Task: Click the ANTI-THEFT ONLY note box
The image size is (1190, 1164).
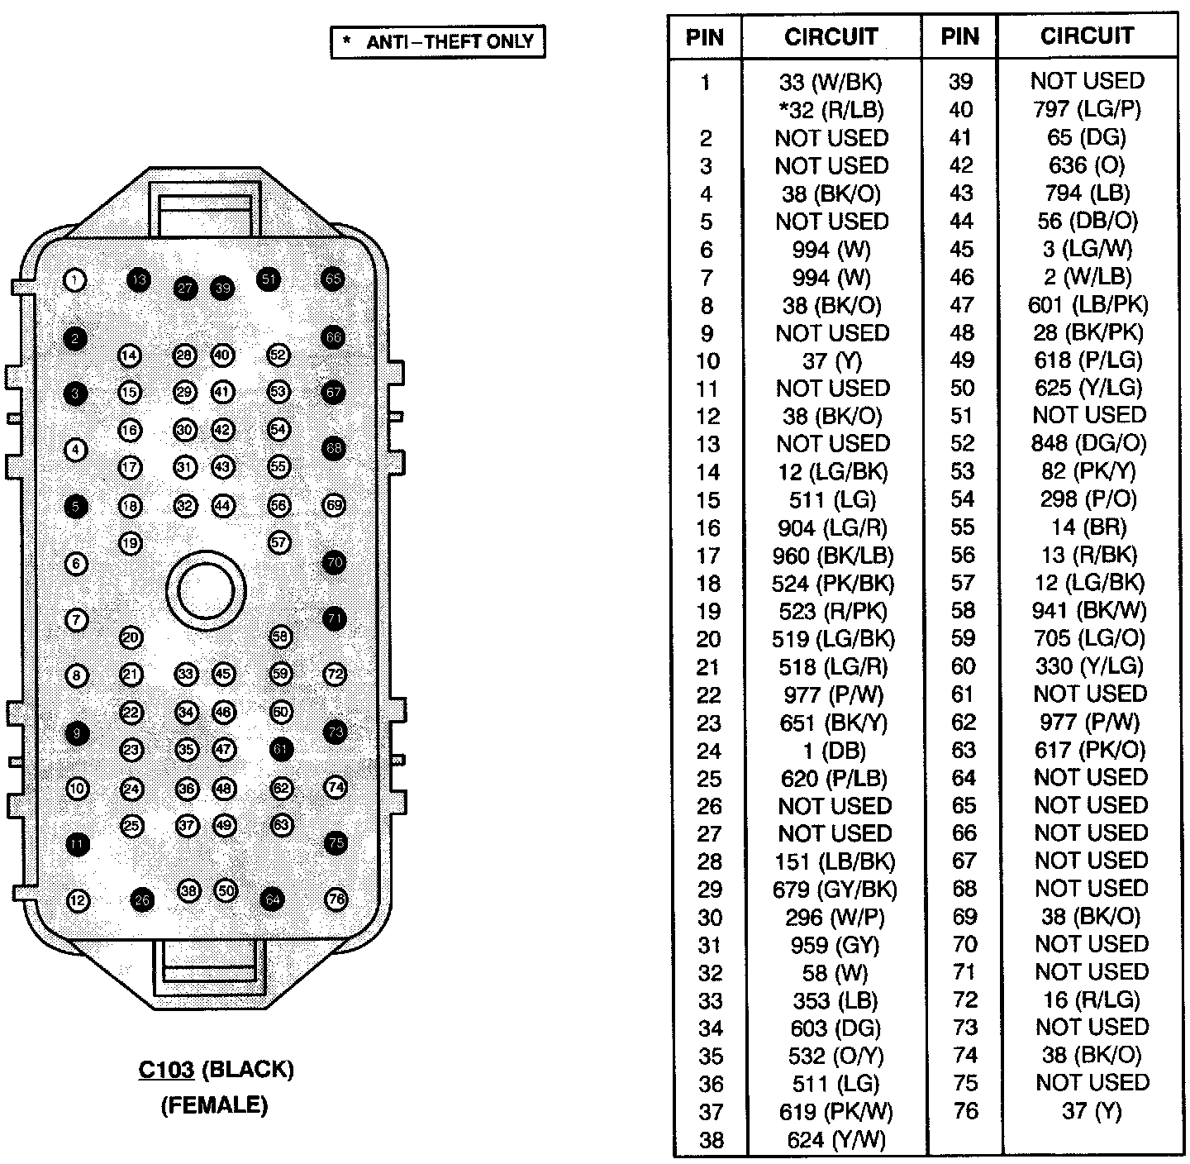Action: click(x=438, y=41)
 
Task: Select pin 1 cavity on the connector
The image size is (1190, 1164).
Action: click(x=75, y=281)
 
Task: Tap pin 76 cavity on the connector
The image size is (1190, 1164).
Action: click(x=336, y=899)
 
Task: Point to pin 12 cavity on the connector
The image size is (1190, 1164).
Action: click(x=77, y=900)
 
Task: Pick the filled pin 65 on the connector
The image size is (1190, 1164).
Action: click(x=333, y=279)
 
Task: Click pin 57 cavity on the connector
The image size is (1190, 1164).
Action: click(x=280, y=542)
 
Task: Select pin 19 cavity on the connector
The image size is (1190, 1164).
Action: click(x=131, y=543)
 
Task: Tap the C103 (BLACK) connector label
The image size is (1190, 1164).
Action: click(x=216, y=1070)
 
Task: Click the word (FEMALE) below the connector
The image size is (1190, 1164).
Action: click(x=214, y=1104)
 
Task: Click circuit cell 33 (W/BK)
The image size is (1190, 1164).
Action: click(x=831, y=82)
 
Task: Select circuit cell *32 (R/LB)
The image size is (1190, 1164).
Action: click(x=831, y=110)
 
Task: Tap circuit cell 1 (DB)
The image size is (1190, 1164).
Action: click(x=834, y=751)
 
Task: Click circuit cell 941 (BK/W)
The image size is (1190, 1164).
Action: click(x=1089, y=611)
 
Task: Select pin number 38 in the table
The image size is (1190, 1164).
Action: click(x=711, y=1141)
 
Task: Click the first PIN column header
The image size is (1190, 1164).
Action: click(x=705, y=37)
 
